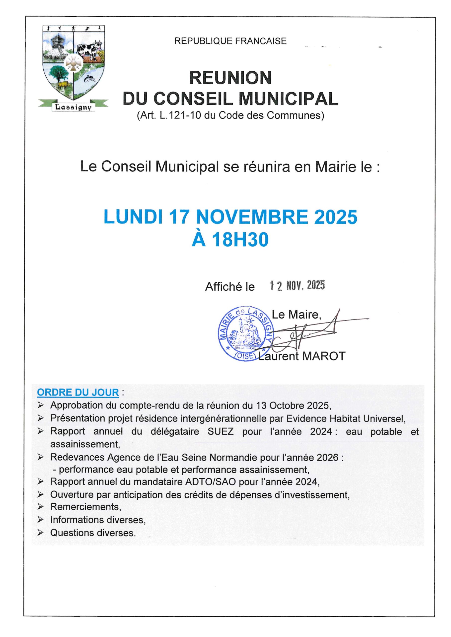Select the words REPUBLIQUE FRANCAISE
[x=230, y=41]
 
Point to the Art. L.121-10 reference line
[x=230, y=115]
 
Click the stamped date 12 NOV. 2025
[x=298, y=285]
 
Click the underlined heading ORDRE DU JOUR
[x=78, y=392]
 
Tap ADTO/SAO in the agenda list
[x=210, y=482]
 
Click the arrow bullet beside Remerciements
[x=41, y=507]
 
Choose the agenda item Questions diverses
[x=93, y=533]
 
